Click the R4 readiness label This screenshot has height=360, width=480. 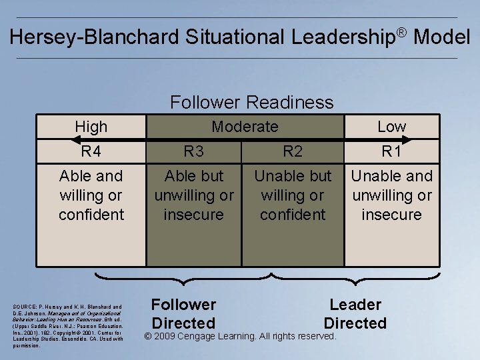[x=91, y=151]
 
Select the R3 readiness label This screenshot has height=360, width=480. [x=193, y=151]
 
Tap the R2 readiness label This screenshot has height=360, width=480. [x=293, y=151]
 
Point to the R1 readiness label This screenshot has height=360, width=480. [x=391, y=151]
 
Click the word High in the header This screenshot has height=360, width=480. [x=91, y=126]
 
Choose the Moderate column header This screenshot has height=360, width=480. [x=244, y=126]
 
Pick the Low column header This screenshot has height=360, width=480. [x=391, y=126]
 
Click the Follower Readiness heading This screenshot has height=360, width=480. [x=251, y=102]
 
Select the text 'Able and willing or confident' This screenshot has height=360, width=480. [x=91, y=195]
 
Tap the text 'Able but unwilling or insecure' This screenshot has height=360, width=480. [x=193, y=195]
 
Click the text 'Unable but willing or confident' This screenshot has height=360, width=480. [x=293, y=195]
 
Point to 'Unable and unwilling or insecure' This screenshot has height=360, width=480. [x=391, y=195]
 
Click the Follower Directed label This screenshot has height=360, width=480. [x=183, y=314]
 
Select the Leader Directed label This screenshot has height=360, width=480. [x=355, y=314]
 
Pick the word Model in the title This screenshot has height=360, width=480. [x=441, y=37]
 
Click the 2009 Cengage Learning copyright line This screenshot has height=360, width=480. [x=241, y=336]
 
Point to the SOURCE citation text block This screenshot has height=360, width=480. [x=67, y=326]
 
